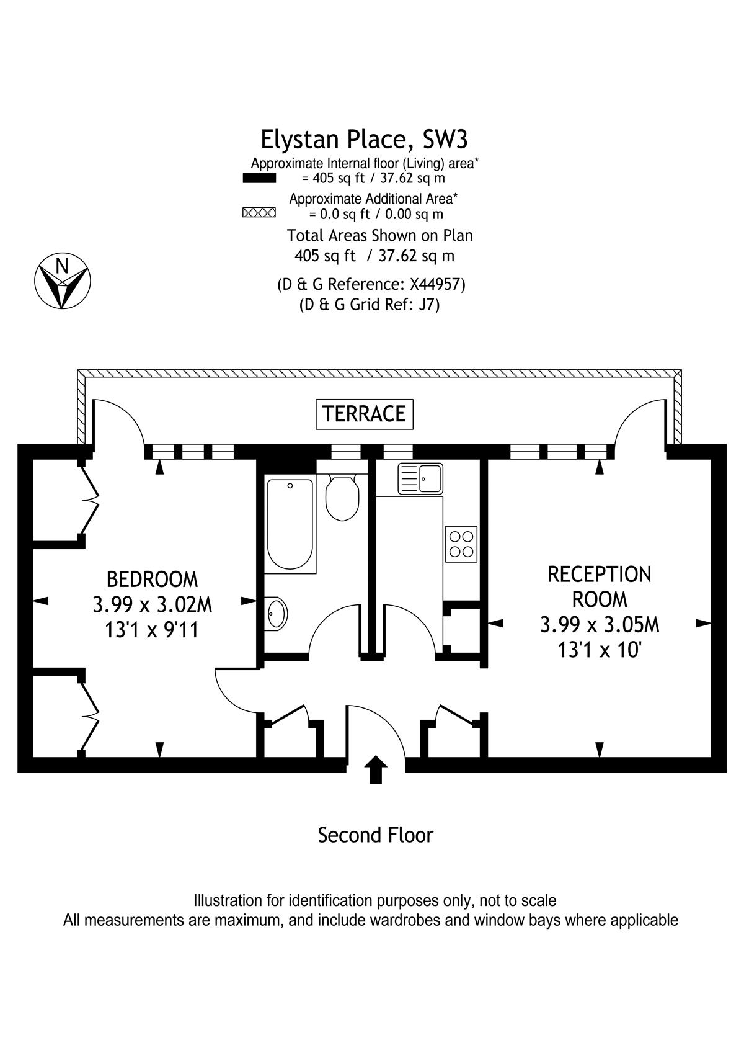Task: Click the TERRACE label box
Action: click(x=364, y=414)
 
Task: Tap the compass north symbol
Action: click(x=63, y=281)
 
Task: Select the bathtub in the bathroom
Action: click(x=290, y=524)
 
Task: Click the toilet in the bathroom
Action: click(x=342, y=498)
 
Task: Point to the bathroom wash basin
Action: click(x=275, y=614)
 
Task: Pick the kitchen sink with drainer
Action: click(x=420, y=478)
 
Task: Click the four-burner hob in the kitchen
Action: click(x=461, y=544)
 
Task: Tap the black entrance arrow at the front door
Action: click(x=375, y=769)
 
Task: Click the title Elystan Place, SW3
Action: click(x=364, y=139)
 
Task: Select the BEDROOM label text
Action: click(x=152, y=579)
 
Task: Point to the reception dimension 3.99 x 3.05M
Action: click(x=600, y=625)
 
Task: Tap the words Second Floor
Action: click(x=375, y=835)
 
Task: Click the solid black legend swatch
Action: click(x=259, y=178)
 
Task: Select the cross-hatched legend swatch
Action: click(x=259, y=212)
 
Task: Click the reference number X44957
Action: click(x=436, y=284)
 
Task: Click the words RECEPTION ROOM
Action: click(x=600, y=586)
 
